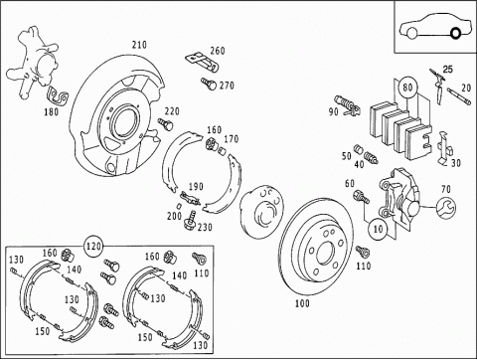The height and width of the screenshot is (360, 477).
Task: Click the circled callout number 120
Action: (93, 247)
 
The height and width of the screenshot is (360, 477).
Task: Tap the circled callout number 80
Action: (407, 88)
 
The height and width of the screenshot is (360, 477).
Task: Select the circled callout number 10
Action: (378, 229)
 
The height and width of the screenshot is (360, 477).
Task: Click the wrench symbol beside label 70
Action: (446, 208)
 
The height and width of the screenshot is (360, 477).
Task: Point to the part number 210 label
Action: (139, 45)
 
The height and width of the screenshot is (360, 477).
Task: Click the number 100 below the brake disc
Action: (302, 303)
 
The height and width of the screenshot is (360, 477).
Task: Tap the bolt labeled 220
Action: (166, 123)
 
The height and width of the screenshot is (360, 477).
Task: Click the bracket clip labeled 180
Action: (58, 95)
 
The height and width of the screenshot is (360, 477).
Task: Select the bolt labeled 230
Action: (190, 220)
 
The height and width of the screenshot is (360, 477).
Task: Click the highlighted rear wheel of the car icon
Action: (455, 33)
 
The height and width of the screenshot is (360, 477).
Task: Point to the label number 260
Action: (218, 51)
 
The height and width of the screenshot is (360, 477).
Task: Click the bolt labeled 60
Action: (362, 197)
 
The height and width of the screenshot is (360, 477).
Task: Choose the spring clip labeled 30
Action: (445, 148)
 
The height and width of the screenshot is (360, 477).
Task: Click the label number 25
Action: (448, 70)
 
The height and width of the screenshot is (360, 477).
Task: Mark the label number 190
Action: (196, 187)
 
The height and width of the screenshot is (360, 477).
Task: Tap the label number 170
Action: (231, 139)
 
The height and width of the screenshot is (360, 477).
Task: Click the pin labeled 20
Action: (459, 96)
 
